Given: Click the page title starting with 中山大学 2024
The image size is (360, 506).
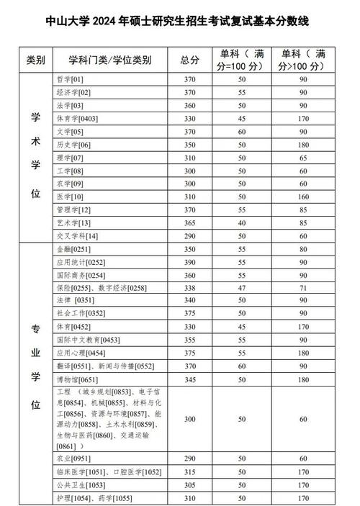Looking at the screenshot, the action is pyautogui.click(x=180, y=22).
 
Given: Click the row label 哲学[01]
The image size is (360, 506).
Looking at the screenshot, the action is pyautogui.click(x=70, y=79).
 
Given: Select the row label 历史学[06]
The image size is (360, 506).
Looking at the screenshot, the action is pyautogui.click(x=73, y=145).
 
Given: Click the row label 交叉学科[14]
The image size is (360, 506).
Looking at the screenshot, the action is pyautogui.click(x=76, y=236).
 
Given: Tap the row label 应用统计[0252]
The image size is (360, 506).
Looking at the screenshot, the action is pyautogui.click(x=80, y=262).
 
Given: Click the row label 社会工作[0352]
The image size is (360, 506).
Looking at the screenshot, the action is pyautogui.click(x=80, y=314).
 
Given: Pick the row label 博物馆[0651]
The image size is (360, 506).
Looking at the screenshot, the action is pyautogui.click(x=76, y=379).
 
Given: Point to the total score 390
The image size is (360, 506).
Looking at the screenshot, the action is pyautogui.click(x=189, y=262).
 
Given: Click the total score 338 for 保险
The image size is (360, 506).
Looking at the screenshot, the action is pyautogui.click(x=189, y=288).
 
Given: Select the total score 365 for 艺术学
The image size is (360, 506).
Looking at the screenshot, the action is pyautogui.click(x=189, y=223).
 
